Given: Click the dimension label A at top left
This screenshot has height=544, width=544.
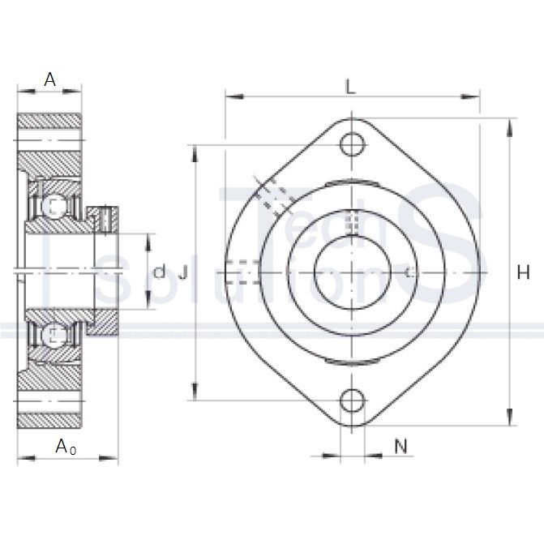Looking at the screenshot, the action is point(49,79).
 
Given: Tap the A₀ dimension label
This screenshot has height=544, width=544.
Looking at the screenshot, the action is point(66,446).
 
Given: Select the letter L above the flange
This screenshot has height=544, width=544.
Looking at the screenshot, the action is point(350,87).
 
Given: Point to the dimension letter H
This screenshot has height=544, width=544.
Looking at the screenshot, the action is point(523,272).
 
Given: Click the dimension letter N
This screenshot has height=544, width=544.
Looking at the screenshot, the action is point(401,446).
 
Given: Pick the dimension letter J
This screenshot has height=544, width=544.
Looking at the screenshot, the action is point(183,272).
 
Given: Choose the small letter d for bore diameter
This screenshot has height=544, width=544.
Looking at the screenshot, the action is point(160,272).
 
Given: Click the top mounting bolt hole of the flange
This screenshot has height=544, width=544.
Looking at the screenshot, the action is point(353,144).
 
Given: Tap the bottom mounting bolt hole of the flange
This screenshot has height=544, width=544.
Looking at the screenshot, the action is point(353,401).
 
